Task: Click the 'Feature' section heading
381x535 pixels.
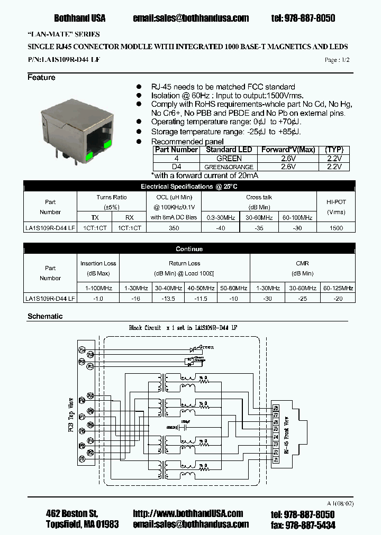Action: [41, 78]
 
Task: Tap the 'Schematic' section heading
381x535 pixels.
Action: [45, 316]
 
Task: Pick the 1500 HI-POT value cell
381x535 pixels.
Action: [336, 228]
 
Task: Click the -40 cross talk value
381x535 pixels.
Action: [221, 228]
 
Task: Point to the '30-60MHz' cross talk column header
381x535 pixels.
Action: [259, 217]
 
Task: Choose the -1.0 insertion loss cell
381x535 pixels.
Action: [98, 298]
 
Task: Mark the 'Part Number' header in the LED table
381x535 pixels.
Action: [176, 150]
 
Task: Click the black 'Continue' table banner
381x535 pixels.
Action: [189, 248]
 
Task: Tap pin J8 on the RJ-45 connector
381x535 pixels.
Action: [275, 408]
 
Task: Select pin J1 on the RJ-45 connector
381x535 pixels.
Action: [275, 460]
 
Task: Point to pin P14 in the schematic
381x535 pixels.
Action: [82, 349]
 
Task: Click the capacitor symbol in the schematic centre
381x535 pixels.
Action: [184, 427]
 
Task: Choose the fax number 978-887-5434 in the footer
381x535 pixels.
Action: [310, 524]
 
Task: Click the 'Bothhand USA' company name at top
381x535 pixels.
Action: [79, 18]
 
